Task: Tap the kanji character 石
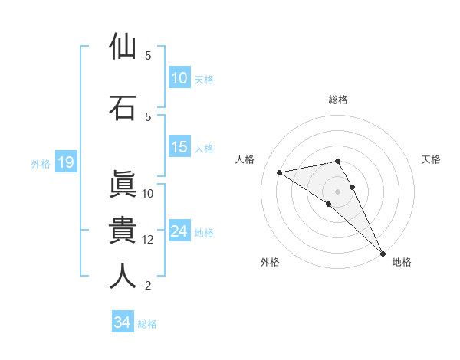coord(123,107)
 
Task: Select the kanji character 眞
coord(123,185)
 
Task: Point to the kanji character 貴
coord(123,231)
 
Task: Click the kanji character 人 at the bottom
coord(123,277)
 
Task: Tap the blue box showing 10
coord(179,78)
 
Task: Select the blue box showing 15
coord(179,147)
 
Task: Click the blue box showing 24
coord(179,231)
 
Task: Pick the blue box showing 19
coord(65,162)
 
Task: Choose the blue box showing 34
coord(122,322)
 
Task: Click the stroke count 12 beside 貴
coord(148,240)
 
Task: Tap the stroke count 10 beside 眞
coord(148,194)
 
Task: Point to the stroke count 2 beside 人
coord(148,286)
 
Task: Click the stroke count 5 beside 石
coord(148,116)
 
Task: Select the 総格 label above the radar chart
coord(338,100)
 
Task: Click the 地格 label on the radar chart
coord(402,262)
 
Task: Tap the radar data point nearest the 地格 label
coord(383,254)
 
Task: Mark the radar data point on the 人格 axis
coord(279,172)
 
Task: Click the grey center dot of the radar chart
coord(337,191)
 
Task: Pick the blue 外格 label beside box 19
coord(40,163)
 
